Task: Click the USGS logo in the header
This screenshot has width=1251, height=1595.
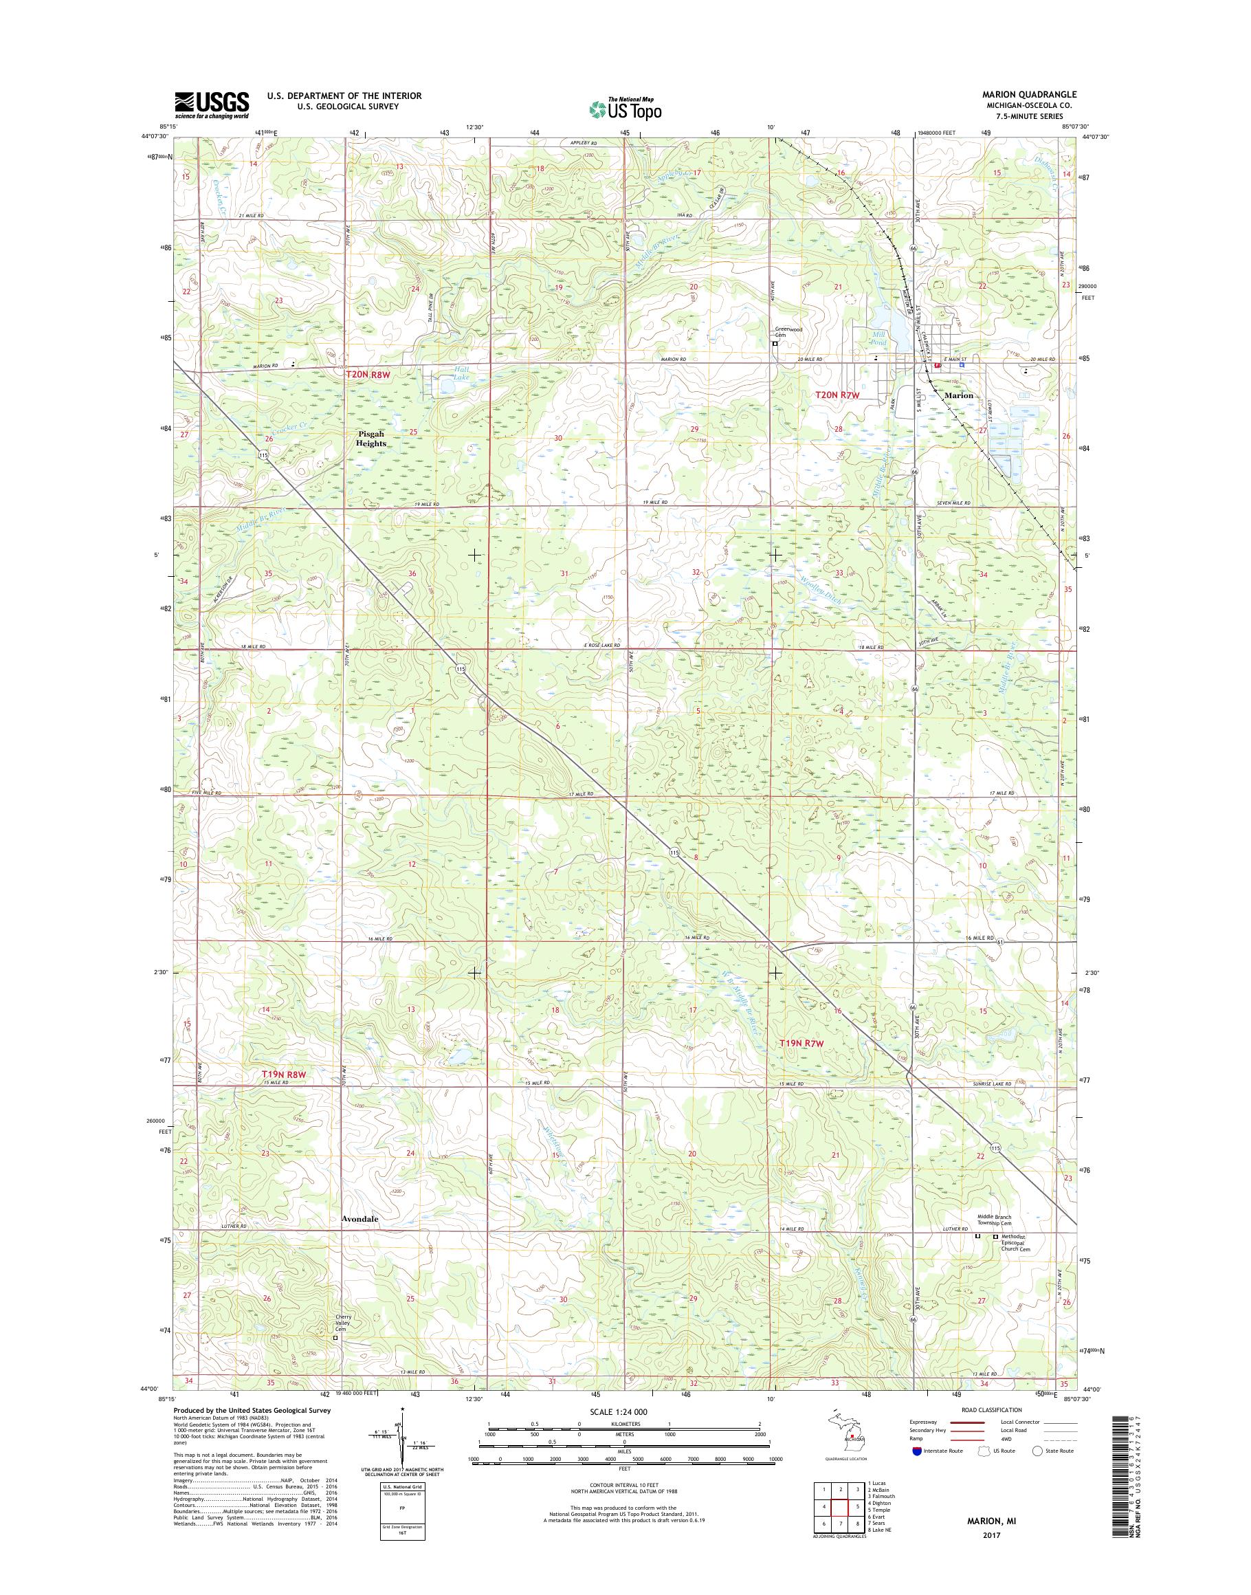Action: tap(211, 105)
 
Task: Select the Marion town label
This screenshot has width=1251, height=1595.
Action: tap(959, 395)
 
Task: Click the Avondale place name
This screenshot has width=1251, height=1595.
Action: tap(360, 1218)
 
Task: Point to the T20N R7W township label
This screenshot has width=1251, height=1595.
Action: tap(837, 395)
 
